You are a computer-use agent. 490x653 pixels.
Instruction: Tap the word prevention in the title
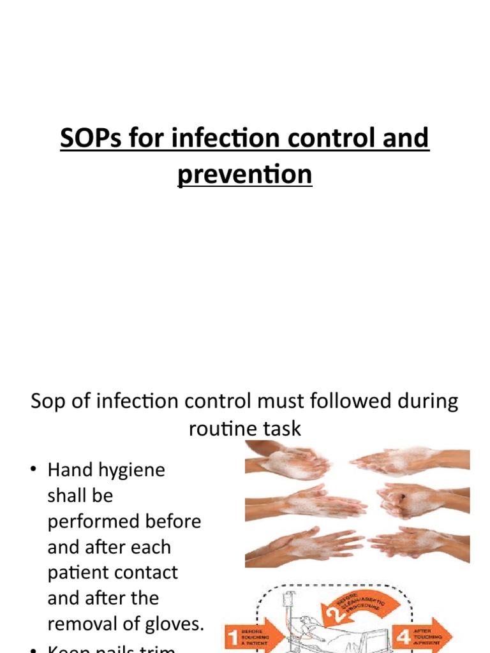coord(245,175)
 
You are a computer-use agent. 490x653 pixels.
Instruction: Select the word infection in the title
coord(220,138)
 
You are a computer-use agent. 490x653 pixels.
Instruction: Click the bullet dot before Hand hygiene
coord(33,471)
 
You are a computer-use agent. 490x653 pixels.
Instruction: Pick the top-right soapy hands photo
coord(408,460)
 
